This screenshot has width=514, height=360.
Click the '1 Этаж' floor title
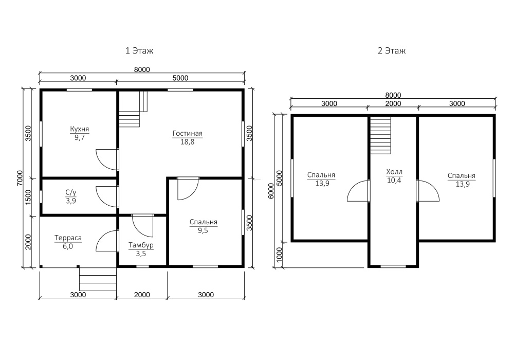(139, 51)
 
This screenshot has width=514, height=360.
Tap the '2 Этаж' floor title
(392, 51)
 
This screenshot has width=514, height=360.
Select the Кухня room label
(79, 129)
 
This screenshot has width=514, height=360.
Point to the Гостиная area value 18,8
(187, 142)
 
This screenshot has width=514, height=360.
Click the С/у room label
(71, 192)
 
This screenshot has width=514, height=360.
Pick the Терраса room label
(68, 238)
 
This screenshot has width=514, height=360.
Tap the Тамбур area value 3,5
(141, 254)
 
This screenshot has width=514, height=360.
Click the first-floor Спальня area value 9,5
(203, 230)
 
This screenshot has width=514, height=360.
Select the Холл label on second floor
(394, 172)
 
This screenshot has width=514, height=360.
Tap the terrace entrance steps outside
(98, 278)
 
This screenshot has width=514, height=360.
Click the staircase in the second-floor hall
(380, 135)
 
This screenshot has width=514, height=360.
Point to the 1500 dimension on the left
(28, 197)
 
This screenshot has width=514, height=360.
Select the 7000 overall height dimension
(20, 178)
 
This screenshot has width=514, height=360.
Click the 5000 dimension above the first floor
(180, 78)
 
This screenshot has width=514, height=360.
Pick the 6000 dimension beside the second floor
(271, 191)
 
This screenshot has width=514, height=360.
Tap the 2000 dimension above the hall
(393, 103)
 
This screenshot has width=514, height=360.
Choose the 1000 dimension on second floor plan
(279, 255)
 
